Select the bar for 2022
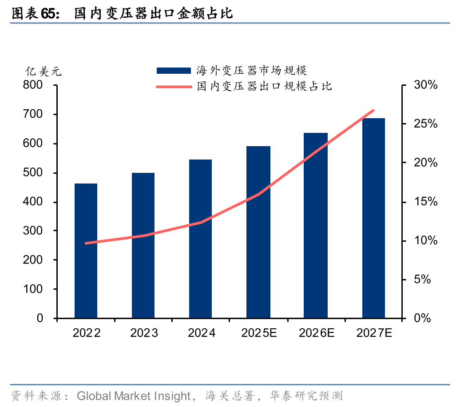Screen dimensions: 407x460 click(86, 251)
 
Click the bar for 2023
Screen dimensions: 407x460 click(143, 245)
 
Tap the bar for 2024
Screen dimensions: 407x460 click(200, 239)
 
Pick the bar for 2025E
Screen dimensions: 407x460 click(258, 232)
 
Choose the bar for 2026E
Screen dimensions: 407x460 click(316, 225)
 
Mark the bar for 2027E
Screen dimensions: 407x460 click(373, 218)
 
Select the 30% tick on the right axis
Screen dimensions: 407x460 click(425, 85)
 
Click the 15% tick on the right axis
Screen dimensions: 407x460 click(425, 202)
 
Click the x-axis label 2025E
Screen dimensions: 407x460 click(259, 333)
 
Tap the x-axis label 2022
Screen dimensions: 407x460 click(87, 333)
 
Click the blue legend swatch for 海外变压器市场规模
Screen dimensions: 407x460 click(174, 70)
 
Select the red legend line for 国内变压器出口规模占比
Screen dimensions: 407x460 click(174, 86)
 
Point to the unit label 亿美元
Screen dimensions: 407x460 click(43, 71)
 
